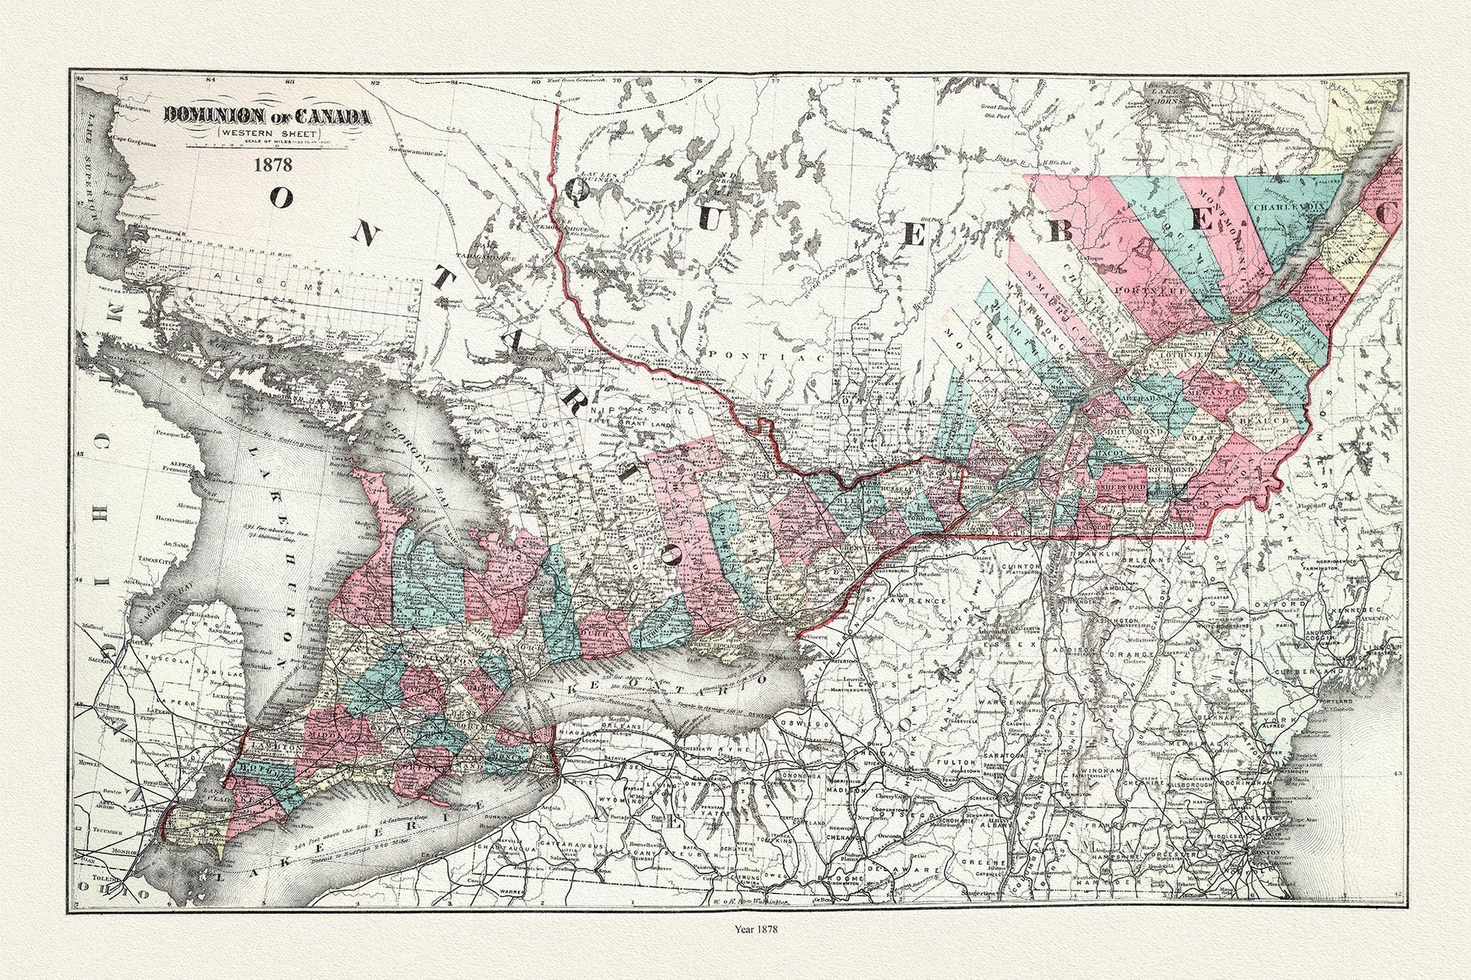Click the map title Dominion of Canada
(268, 116)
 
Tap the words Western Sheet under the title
(268, 133)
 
